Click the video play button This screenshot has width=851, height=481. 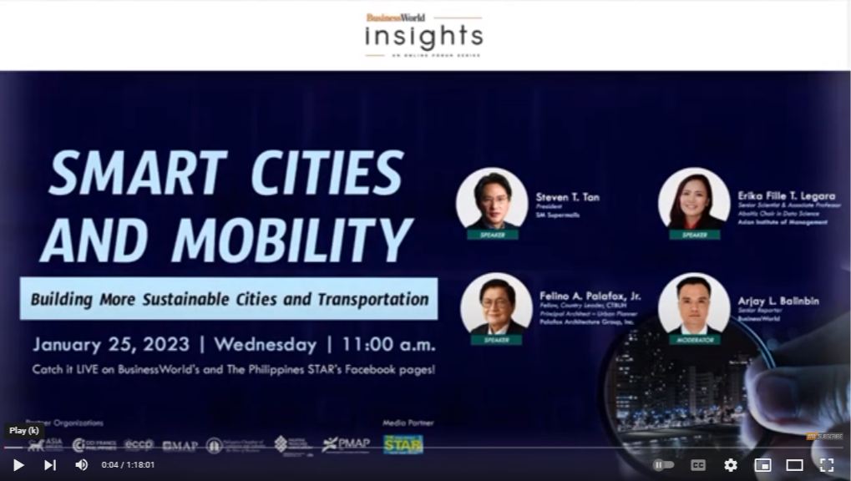(x=18, y=465)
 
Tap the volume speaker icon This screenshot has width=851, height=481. (x=81, y=465)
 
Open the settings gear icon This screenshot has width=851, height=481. (x=731, y=465)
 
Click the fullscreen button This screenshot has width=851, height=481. (x=826, y=465)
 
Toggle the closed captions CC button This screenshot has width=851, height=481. (x=698, y=465)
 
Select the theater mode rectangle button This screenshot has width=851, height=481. (x=794, y=465)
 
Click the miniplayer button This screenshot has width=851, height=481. (x=762, y=465)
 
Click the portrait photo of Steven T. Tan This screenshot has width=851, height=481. (x=491, y=200)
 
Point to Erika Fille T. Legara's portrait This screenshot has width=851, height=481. (x=693, y=200)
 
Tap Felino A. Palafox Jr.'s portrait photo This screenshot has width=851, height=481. (x=495, y=304)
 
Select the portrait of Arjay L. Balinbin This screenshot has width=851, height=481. (x=693, y=304)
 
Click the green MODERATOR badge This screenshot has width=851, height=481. (x=693, y=340)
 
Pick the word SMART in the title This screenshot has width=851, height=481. (x=137, y=174)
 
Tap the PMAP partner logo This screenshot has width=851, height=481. (x=346, y=445)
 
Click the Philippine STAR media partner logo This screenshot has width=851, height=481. (x=403, y=444)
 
